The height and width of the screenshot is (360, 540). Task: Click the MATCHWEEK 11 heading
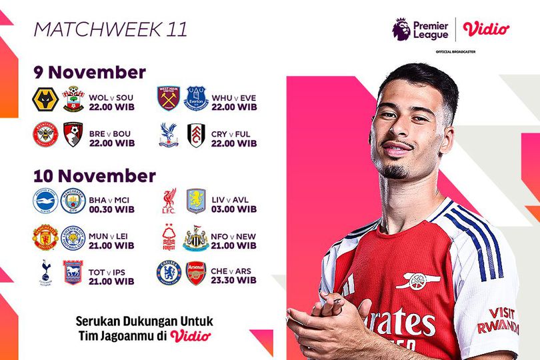tap(110, 29)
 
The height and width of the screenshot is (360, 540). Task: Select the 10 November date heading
tap(94, 175)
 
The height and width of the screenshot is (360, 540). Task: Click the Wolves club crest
tap(45, 99)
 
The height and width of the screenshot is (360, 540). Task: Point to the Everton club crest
tap(197, 98)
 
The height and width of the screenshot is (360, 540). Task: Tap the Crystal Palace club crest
tap(169, 135)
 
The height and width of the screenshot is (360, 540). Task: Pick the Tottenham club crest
tap(45, 272)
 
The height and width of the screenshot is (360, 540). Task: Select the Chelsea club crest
tap(169, 273)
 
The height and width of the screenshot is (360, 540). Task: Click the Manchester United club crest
tap(45, 237)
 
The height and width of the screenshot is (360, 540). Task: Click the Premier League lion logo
tap(402, 29)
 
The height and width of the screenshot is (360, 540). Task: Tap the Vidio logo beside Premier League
tap(486, 29)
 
